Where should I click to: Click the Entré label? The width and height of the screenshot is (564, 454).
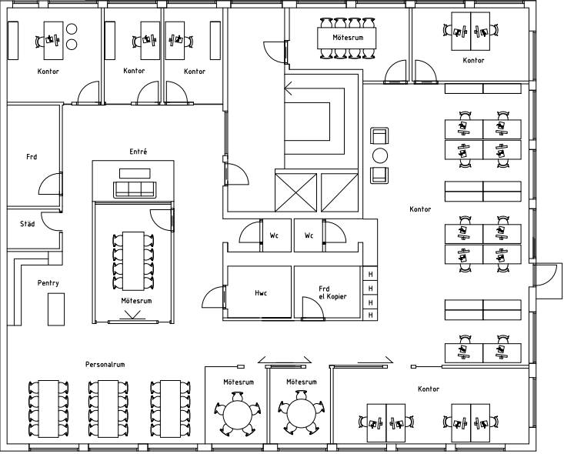point(138,152)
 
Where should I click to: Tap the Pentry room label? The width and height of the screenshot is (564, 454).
point(48,283)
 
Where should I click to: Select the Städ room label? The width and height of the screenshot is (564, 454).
point(28,224)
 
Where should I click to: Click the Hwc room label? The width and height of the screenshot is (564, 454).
point(261,293)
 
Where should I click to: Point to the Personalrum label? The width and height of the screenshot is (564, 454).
point(105,364)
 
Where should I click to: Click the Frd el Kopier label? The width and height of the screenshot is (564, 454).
point(332,292)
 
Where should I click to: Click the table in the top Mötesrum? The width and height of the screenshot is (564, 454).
point(348,37)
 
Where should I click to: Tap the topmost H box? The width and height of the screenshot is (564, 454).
point(370,274)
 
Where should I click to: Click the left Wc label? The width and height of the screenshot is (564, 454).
point(274,236)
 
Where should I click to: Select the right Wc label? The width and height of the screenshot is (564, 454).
point(309,236)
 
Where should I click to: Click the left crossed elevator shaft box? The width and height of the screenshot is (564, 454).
point(295,192)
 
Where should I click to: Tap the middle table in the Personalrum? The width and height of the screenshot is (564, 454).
point(105,408)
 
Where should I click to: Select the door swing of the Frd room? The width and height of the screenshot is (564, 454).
point(51,185)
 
